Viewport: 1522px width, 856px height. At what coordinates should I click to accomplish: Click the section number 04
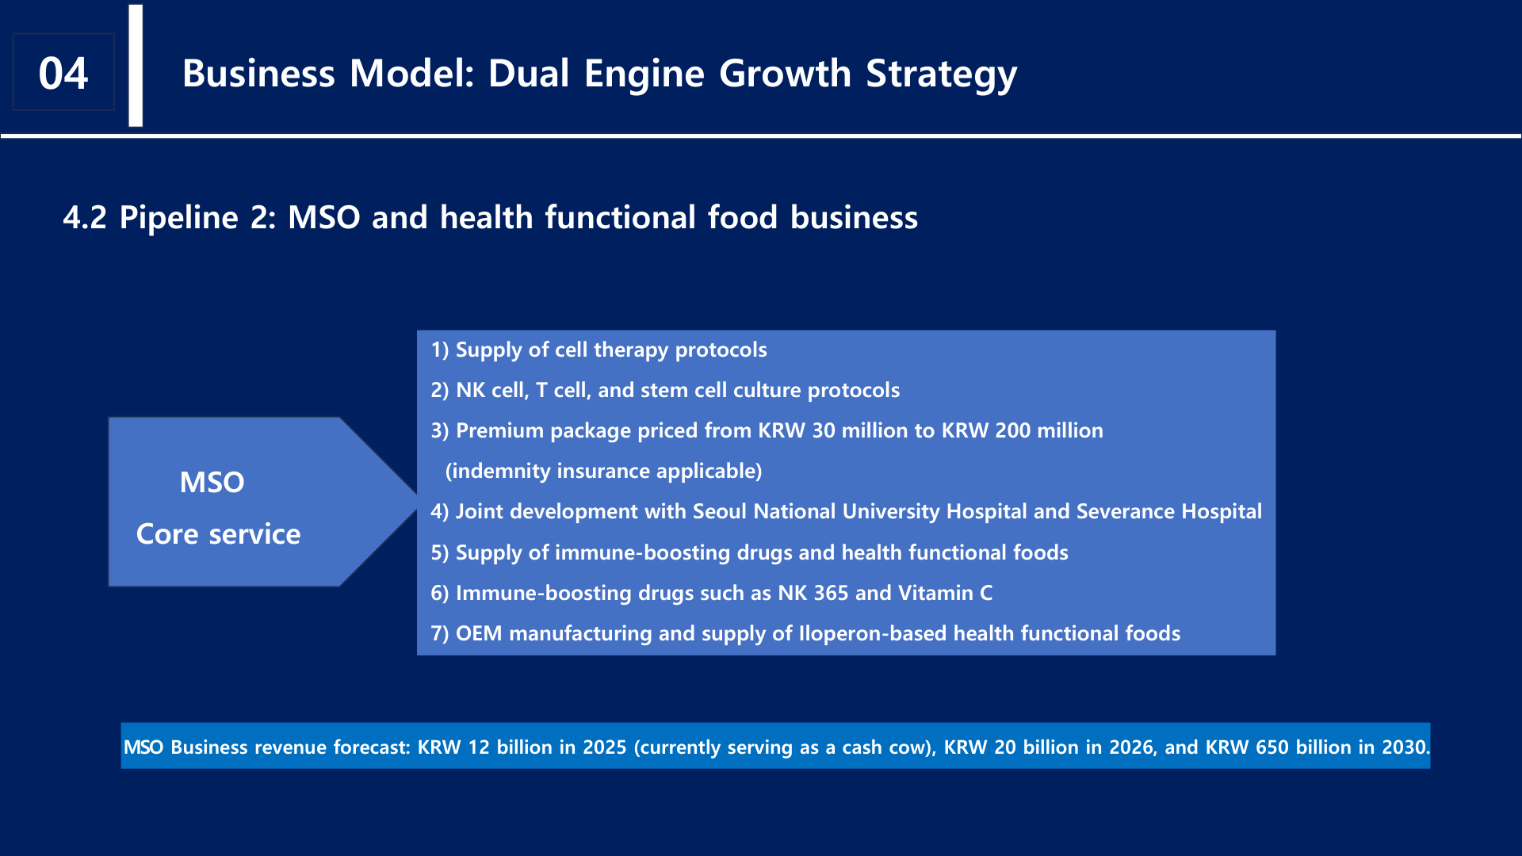[x=63, y=73]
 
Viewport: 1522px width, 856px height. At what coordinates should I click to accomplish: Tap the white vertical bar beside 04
[x=136, y=65]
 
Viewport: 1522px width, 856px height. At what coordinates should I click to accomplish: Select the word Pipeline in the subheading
[x=178, y=217]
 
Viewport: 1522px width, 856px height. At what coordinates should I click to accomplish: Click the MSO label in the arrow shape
[x=212, y=482]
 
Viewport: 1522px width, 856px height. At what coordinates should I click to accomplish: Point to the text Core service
[x=219, y=533]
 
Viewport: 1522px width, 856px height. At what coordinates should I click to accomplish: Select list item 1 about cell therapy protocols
[x=598, y=350]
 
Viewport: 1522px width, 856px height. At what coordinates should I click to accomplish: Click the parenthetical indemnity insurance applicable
[x=603, y=471]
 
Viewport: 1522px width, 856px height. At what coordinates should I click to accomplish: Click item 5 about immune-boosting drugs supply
[x=749, y=552]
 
